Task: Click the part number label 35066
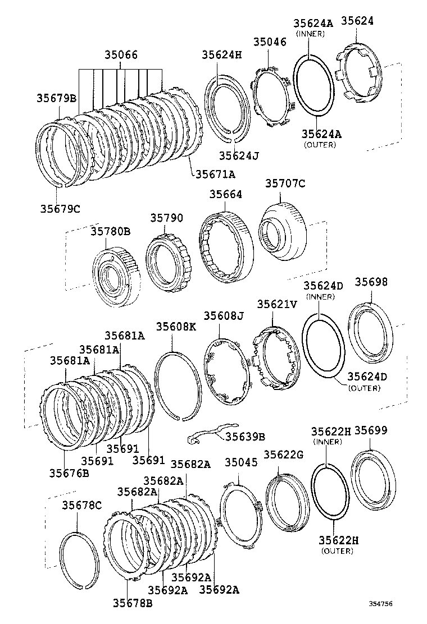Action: click(x=120, y=56)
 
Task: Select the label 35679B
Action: click(x=56, y=98)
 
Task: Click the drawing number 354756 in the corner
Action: click(x=380, y=604)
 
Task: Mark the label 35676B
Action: click(x=69, y=472)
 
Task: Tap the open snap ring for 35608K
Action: click(x=178, y=385)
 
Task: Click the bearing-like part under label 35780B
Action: click(x=116, y=278)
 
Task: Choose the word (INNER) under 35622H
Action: click(x=331, y=442)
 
